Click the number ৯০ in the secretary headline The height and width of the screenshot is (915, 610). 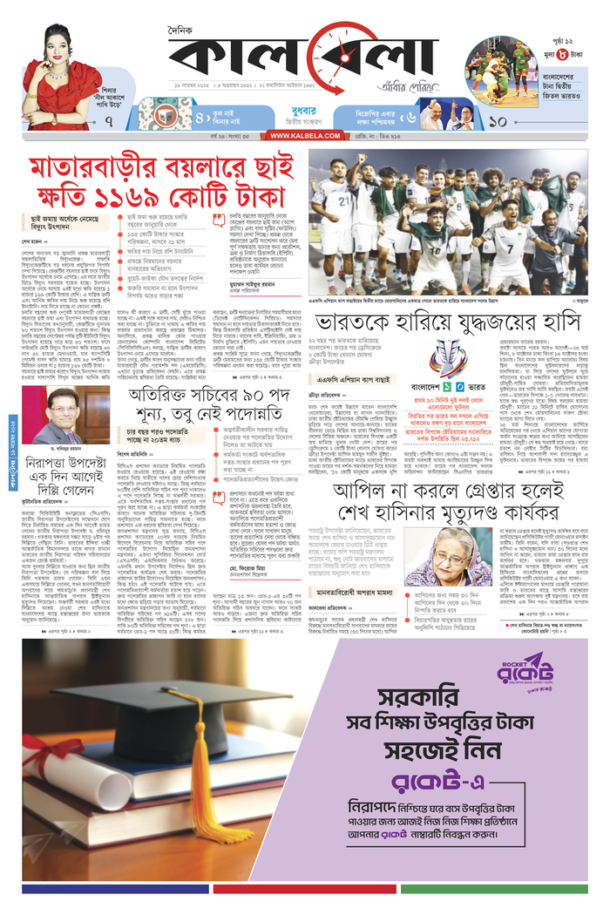tap(234, 403)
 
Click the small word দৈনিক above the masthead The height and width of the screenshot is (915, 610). tap(181, 30)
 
